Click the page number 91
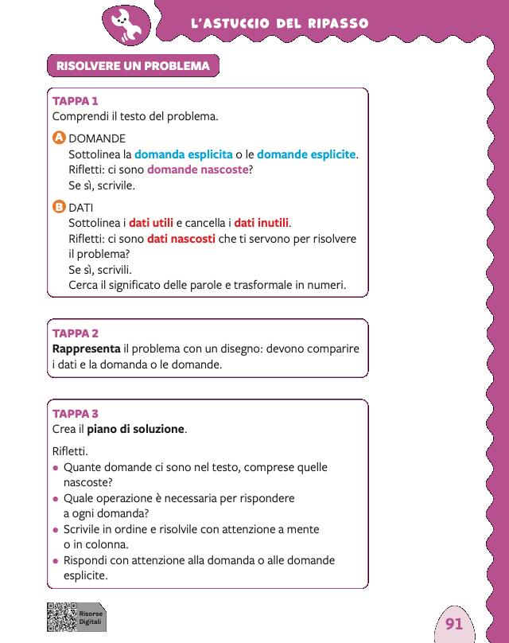454,623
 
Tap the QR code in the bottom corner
60,617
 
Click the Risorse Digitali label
90,617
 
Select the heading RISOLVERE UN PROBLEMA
133,66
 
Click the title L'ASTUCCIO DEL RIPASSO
279,24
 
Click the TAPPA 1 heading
75,101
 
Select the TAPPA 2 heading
75,333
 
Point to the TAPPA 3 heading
75,413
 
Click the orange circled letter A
58,138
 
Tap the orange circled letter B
58,207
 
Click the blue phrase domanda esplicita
183,154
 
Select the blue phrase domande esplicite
306,154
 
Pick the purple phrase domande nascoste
198,170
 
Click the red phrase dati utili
151,223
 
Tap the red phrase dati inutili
262,223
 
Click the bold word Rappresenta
86,349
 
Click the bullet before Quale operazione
56,499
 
